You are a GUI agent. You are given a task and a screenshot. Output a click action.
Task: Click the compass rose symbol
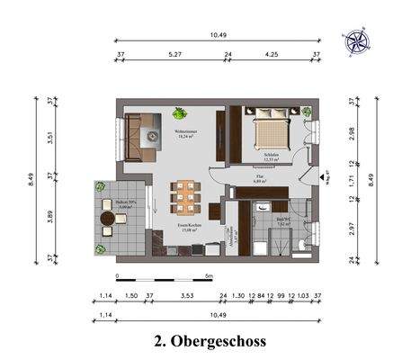pos(355,41)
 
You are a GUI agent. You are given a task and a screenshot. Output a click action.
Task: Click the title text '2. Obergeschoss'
pos(210,341)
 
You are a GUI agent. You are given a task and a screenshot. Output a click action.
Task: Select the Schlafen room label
pos(263,158)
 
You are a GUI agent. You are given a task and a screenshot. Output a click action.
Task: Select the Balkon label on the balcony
pos(114,204)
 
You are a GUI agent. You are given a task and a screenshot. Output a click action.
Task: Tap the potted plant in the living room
pos(179,113)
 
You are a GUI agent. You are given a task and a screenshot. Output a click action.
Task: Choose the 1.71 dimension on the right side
pos(352,183)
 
